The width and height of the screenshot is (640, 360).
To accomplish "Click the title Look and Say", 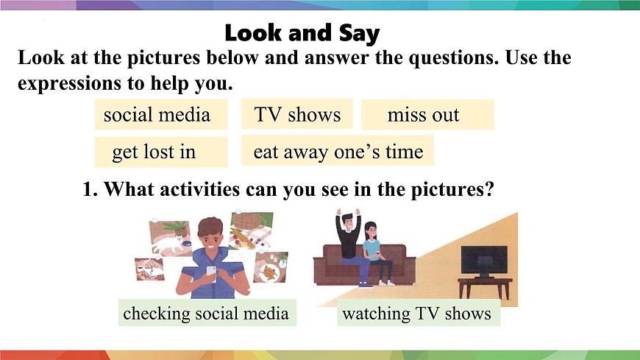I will (302, 33).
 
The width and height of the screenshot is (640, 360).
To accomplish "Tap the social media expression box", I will (157, 115).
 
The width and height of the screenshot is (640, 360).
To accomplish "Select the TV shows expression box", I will (297, 114).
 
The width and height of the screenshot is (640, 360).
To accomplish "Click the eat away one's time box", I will (338, 152).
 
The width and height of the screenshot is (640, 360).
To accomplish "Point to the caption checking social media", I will (206, 313).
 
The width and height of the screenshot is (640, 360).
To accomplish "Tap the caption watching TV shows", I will (416, 313).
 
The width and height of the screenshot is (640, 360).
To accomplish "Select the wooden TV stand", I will (484, 286).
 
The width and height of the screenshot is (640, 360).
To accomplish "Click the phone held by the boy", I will (211, 271).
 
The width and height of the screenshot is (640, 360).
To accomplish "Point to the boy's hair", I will (210, 227).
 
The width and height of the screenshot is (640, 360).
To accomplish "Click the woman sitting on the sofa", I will (374, 250).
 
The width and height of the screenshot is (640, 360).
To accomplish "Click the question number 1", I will (89, 189).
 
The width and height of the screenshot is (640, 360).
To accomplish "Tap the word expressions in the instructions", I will (71, 83).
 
